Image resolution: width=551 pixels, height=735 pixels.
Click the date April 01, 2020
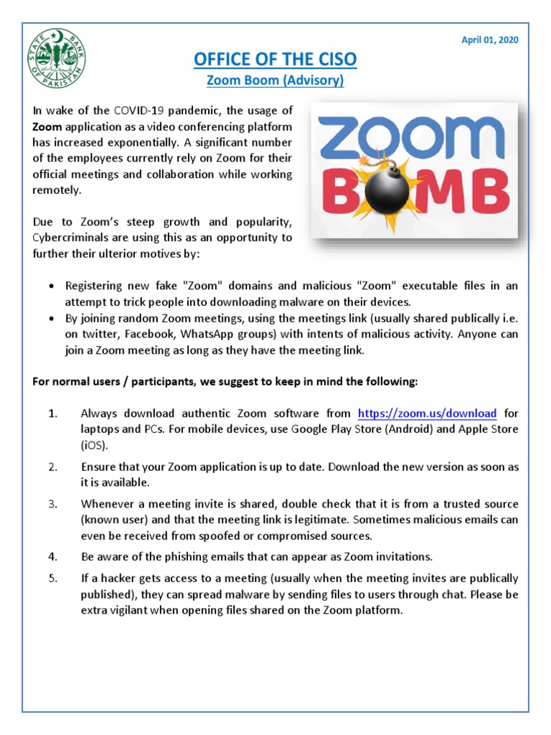(489, 39)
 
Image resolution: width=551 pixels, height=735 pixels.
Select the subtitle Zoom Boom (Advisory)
(275, 81)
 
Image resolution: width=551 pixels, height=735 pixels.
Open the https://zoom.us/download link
(427, 413)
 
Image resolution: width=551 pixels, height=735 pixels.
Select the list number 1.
(52, 413)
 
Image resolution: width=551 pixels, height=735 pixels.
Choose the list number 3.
(52, 504)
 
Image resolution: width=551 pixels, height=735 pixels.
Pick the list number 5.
(52, 579)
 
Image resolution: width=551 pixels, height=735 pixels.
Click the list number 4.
(52, 556)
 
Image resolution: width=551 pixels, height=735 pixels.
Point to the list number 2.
(52, 467)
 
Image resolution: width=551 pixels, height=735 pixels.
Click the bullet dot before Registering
(51, 286)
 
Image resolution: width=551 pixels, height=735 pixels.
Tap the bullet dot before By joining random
(51, 317)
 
